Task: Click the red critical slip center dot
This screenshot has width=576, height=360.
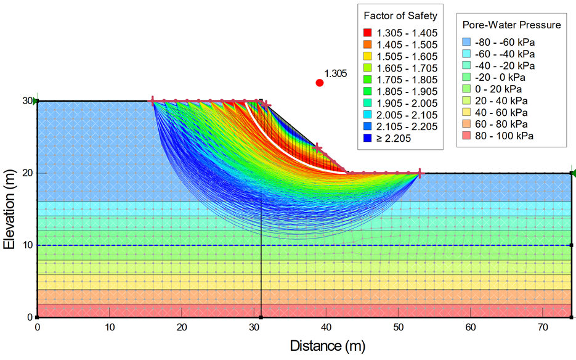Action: [319, 83]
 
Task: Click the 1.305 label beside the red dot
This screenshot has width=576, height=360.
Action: [335, 73]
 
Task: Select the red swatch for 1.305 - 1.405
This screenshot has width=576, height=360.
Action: [367, 33]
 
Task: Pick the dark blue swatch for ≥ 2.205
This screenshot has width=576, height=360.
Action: [367, 138]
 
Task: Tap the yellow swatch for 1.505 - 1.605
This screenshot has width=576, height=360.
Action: [367, 56]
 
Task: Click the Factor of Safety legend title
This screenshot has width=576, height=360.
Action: [400, 15]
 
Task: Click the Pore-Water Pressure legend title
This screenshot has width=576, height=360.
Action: [511, 25]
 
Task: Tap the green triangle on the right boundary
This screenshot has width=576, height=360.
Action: [572, 173]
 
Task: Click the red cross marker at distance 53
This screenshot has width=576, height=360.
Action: [420, 173]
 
